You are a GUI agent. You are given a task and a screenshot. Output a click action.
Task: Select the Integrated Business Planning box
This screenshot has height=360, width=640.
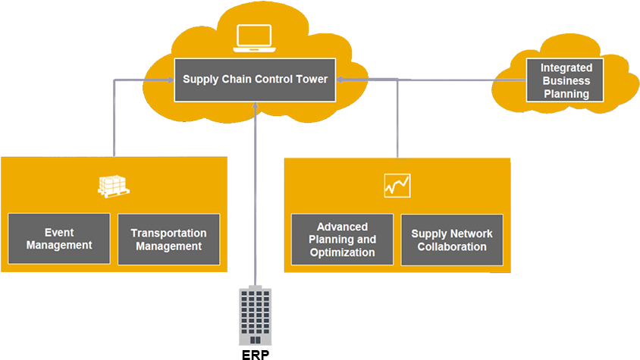[x=565, y=80]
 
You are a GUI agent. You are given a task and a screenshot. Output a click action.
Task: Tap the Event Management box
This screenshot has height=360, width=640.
[x=59, y=239]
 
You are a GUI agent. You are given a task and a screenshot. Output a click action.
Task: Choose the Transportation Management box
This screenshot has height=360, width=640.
[x=168, y=239]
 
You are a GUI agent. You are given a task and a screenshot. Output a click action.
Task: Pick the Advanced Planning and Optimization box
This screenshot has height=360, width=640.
[x=342, y=239]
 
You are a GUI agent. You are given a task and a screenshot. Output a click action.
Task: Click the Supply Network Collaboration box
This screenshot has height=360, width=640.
[x=452, y=239]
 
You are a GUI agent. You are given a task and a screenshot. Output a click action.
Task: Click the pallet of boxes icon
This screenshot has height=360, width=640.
[x=113, y=186]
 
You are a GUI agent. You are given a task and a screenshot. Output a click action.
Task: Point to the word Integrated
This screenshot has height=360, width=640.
[x=566, y=68]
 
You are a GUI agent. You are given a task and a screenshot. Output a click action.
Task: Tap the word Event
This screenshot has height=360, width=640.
[x=59, y=233]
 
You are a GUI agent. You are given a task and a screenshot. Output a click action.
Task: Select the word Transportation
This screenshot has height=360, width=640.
[x=168, y=233]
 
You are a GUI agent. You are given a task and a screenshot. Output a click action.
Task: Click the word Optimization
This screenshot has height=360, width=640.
[x=342, y=252]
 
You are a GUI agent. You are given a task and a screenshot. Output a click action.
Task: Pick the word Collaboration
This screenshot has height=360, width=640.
[x=452, y=246]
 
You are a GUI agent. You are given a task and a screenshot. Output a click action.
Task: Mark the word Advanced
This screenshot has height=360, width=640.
[x=342, y=227]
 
